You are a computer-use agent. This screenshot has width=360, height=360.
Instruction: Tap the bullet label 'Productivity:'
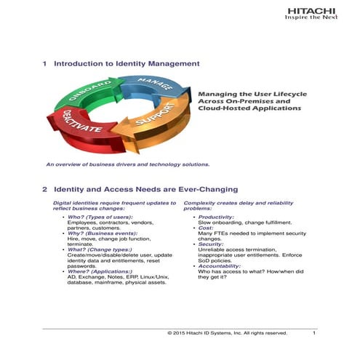click(x=215, y=217)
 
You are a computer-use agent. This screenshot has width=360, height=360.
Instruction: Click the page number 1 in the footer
click(x=313, y=332)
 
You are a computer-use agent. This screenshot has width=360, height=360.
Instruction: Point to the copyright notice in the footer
click(x=227, y=332)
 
